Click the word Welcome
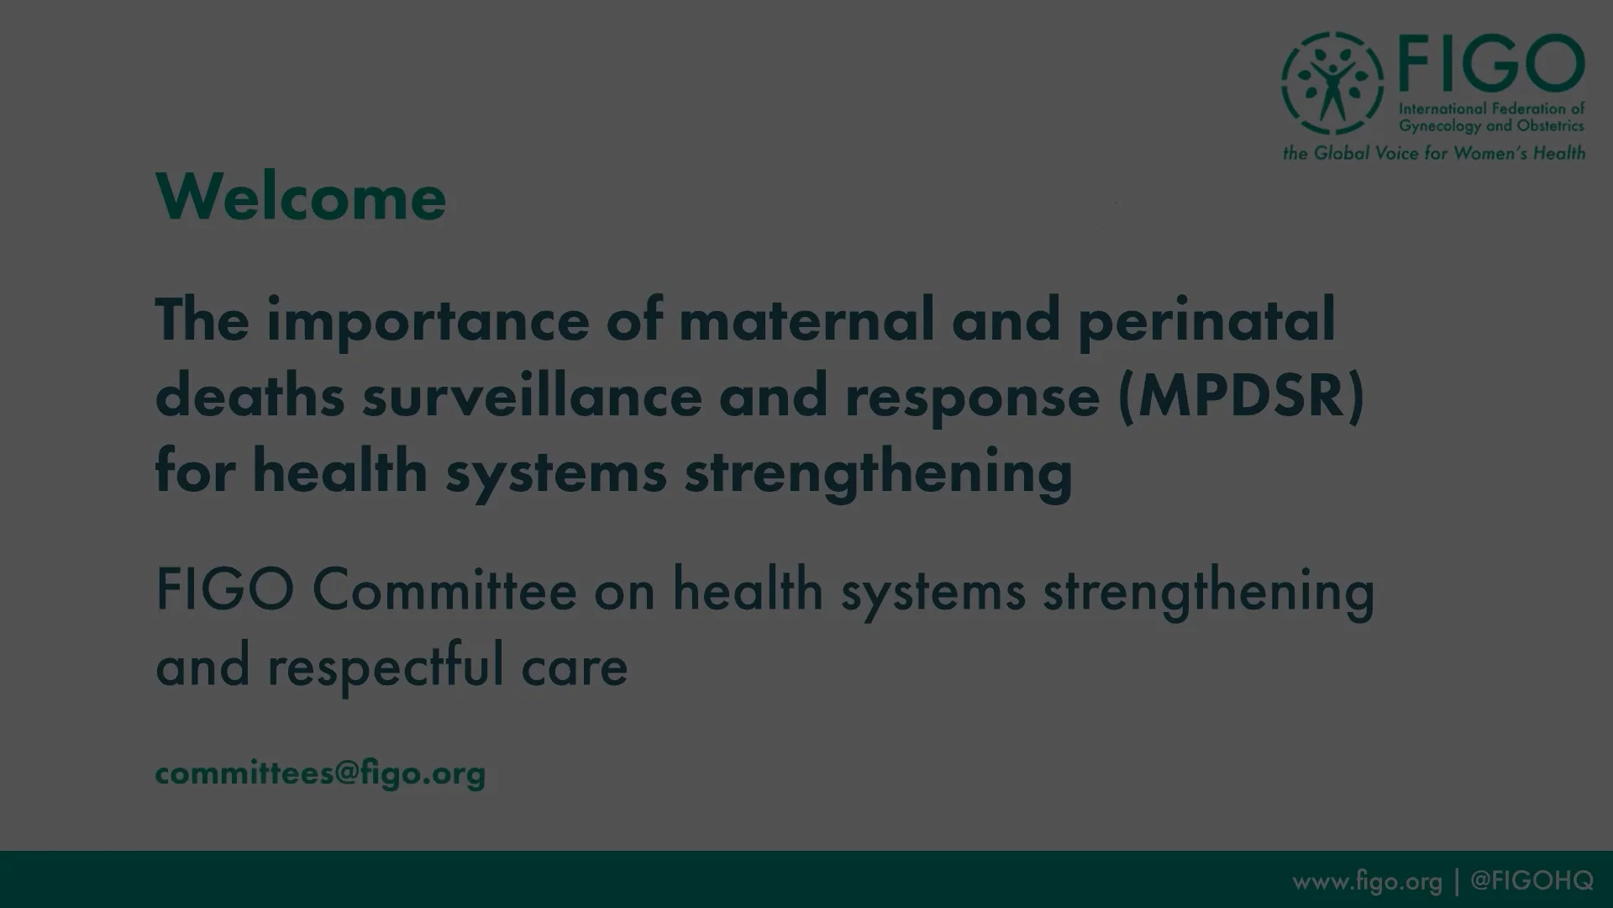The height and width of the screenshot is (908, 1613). (x=301, y=198)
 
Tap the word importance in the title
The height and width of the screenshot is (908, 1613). (x=428, y=322)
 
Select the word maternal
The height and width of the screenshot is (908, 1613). (x=806, y=320)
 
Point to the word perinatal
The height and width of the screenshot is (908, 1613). (x=1206, y=322)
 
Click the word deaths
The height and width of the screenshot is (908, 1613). (x=250, y=396)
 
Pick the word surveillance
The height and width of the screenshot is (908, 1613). (x=532, y=396)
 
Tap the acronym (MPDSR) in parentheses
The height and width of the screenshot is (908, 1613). (x=1241, y=397)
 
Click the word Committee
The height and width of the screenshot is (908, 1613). (x=444, y=590)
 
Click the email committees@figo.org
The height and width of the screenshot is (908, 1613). (x=320, y=773)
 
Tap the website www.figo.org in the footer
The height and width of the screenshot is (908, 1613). (x=1367, y=881)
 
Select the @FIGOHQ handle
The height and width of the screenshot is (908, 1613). (x=1532, y=880)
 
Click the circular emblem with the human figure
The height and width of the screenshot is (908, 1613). (x=1332, y=83)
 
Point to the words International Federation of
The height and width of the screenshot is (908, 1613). (x=1491, y=108)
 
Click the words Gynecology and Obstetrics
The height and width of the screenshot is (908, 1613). (x=1491, y=126)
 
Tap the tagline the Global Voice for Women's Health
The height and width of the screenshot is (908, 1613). (x=1433, y=153)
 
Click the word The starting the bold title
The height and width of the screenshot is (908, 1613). (x=202, y=320)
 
